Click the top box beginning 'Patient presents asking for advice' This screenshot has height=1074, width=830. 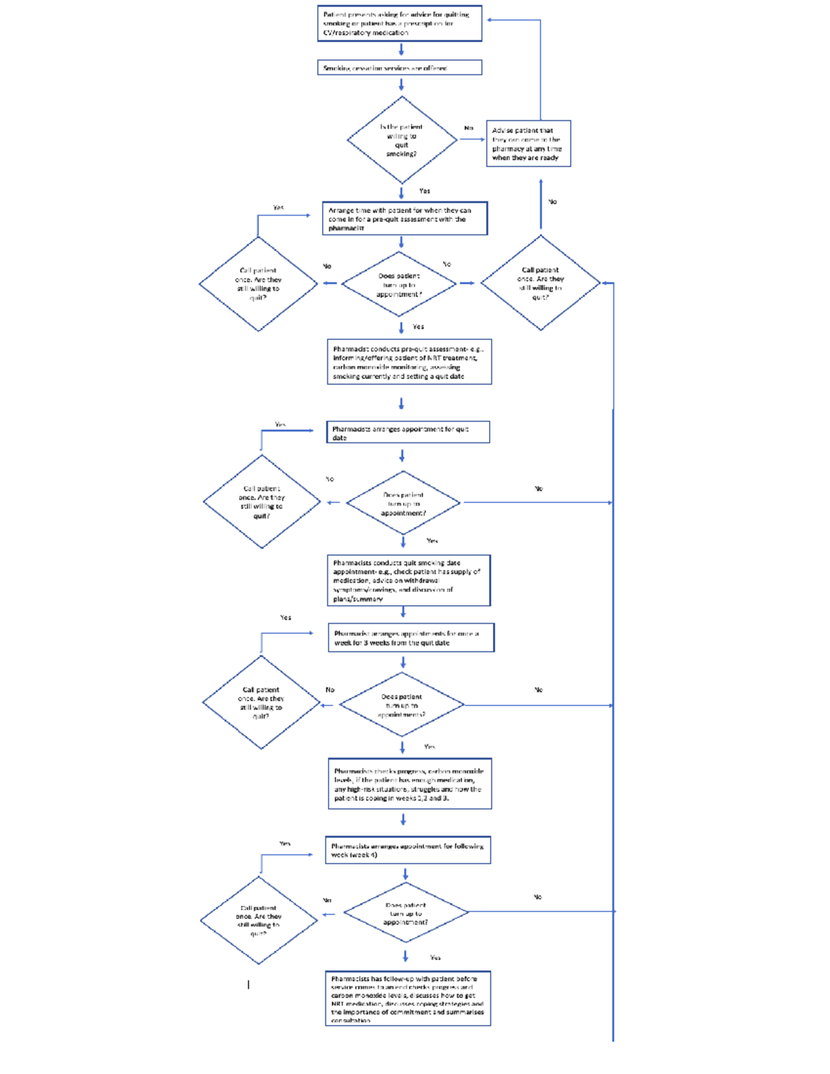[x=400, y=24]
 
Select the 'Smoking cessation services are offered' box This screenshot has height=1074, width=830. [x=400, y=68]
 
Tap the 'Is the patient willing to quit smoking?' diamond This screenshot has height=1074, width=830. [x=402, y=140]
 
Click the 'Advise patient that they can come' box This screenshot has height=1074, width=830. [x=528, y=144]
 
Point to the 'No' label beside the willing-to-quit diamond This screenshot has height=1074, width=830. [x=469, y=128]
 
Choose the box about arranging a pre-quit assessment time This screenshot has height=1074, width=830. [x=405, y=219]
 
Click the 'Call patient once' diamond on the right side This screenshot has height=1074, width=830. [x=540, y=283]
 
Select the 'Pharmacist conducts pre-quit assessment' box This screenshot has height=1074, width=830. [x=409, y=362]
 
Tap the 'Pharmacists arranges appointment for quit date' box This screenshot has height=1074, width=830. [x=408, y=432]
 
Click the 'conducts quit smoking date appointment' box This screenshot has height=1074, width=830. [x=409, y=580]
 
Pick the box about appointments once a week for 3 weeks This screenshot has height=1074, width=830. [x=411, y=638]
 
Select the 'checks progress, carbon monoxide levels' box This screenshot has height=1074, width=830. [x=409, y=784]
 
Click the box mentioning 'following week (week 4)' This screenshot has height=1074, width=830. [x=408, y=850]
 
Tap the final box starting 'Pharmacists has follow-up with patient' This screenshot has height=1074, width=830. [x=408, y=998]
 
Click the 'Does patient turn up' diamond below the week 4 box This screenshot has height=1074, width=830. [x=406, y=913]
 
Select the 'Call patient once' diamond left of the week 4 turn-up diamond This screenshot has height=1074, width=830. [x=259, y=920]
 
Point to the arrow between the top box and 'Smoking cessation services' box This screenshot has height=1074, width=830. [x=401, y=50]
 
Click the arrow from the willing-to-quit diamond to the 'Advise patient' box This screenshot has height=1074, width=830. [x=472, y=139]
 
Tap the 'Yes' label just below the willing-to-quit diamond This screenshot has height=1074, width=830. [x=425, y=191]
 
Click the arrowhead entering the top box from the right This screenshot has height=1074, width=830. [x=490, y=20]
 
